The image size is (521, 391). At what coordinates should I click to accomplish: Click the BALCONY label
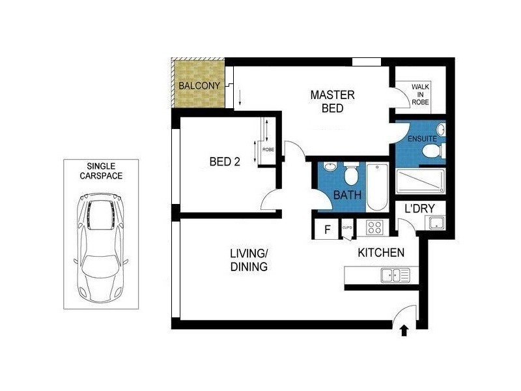tap(198, 86)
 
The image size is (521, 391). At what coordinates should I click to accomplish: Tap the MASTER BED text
tap(332, 102)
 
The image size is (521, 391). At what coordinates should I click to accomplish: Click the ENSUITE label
tap(423, 139)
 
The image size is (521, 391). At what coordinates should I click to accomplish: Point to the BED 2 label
tap(225, 162)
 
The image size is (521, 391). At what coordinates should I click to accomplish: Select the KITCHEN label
tap(381, 252)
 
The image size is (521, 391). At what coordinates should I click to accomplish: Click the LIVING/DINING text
tap(248, 259)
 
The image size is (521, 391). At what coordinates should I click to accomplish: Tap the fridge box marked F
tap(327, 229)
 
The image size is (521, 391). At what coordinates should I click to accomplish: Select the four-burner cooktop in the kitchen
tap(375, 227)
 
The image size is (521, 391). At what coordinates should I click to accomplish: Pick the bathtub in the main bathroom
tap(377, 188)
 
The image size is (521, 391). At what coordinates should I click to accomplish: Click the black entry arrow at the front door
tap(404, 331)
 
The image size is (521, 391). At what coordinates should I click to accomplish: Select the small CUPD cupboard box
tap(347, 227)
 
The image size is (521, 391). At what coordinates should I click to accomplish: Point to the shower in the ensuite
tap(421, 181)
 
